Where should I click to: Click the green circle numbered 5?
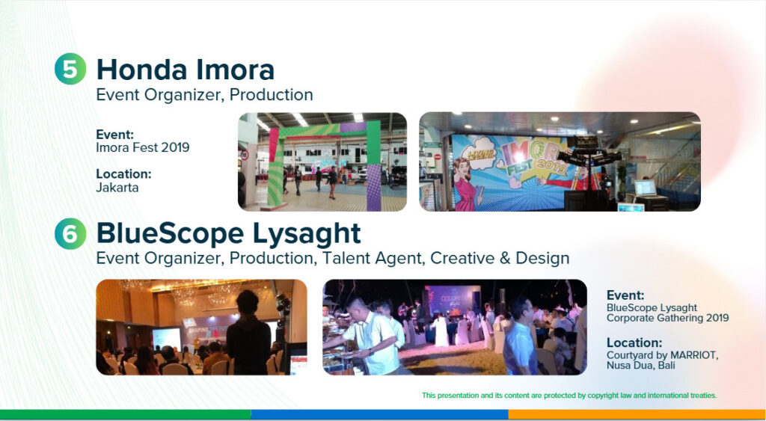pyautogui.click(x=70, y=70)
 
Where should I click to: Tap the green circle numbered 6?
pyautogui.click(x=70, y=234)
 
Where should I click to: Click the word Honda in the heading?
pyautogui.click(x=141, y=70)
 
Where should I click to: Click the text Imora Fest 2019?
pyautogui.click(x=142, y=147)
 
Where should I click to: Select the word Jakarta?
pyautogui.click(x=117, y=187)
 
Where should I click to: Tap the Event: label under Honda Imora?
pyautogui.click(x=114, y=135)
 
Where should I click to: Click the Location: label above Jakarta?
pyautogui.click(x=123, y=173)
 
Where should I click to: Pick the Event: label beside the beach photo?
pyautogui.click(x=625, y=295)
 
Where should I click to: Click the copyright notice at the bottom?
pyautogui.click(x=569, y=395)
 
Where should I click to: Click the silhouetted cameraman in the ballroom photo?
pyautogui.click(x=247, y=333)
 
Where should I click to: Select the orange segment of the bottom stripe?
pyautogui.click(x=636, y=414)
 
